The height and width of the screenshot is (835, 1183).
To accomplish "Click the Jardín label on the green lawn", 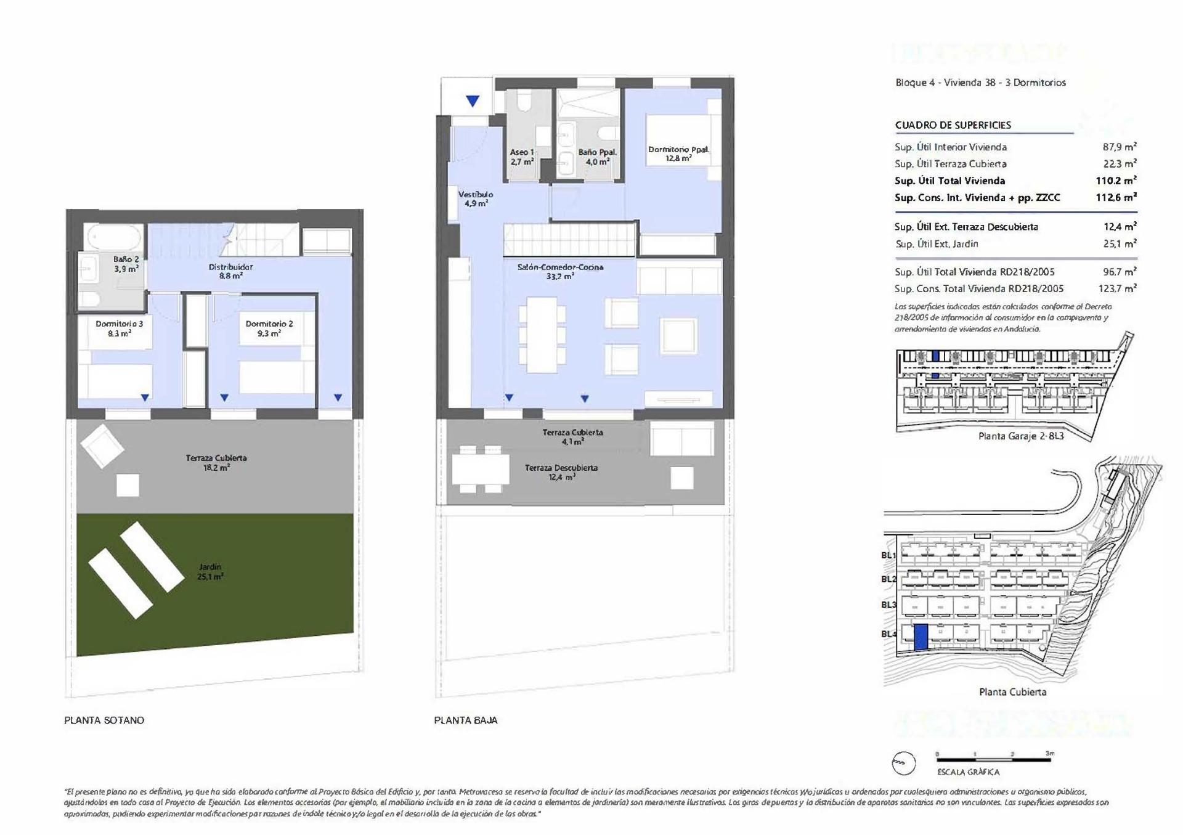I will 210,572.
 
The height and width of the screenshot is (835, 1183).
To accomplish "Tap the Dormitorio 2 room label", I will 269,328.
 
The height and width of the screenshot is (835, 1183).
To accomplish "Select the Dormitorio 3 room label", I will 119,328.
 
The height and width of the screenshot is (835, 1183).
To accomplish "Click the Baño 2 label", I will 126,264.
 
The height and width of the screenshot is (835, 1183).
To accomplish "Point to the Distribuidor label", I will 230,271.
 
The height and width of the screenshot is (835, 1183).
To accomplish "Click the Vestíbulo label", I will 475,198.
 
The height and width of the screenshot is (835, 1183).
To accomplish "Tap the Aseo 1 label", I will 521,157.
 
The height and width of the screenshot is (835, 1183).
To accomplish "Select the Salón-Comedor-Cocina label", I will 560,271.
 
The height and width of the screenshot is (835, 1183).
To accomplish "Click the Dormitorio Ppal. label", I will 678,153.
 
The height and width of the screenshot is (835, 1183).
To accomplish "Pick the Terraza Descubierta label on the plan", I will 561,472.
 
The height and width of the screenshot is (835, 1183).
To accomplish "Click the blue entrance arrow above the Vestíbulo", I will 473,101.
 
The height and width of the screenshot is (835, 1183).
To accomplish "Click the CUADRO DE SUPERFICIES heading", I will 953,125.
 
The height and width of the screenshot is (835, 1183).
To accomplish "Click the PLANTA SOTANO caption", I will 104,720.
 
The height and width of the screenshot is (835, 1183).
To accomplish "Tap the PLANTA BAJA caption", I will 465,720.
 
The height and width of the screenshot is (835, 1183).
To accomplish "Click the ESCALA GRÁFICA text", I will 968,772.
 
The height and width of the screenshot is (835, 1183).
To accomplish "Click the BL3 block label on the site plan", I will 888,605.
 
